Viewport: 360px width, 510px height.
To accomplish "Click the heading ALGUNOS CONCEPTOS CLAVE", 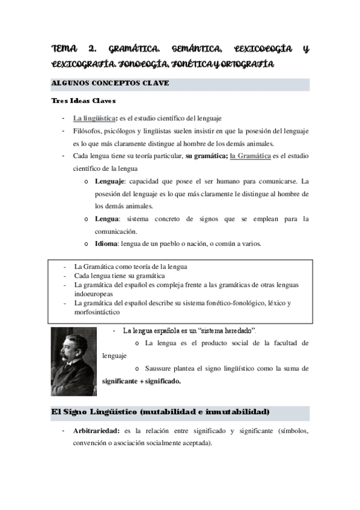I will [109, 83].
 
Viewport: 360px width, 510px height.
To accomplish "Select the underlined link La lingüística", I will [94, 118].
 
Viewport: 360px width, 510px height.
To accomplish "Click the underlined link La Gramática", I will [250, 156].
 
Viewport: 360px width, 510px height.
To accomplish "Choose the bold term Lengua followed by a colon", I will [108, 219].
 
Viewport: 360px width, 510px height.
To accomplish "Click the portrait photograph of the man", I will [73, 361].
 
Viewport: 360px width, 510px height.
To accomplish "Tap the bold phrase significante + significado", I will [141, 381].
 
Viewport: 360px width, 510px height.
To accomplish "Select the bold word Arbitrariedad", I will [96, 431].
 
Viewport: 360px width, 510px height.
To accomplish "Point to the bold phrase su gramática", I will [205, 156].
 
